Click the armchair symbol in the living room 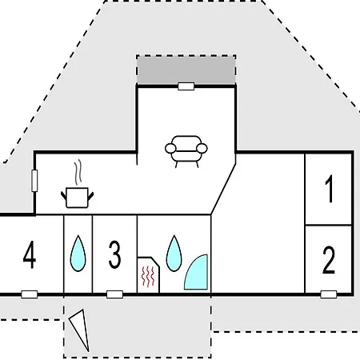186,151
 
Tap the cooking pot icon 77,198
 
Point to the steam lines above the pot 78,172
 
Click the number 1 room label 330,189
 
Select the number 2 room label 329,260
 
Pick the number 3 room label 114,254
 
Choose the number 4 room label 30,254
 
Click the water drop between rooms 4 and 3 78,254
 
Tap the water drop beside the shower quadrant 174,254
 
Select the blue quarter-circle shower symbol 198,274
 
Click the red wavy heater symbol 148,277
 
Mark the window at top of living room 186,86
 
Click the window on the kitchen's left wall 34,181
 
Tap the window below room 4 30,294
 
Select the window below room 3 114,294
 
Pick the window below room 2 329,294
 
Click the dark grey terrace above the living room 186,70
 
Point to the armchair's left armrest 170,148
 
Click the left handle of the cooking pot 63,195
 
